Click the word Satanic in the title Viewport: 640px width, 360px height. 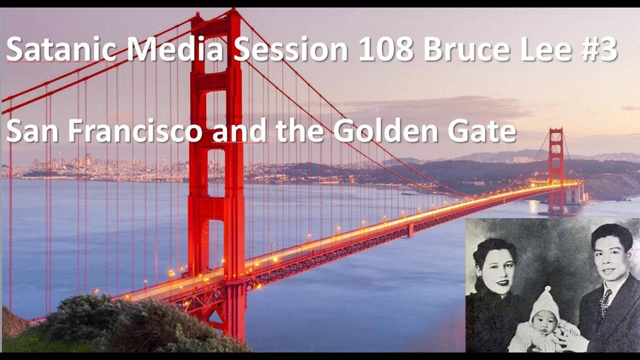pyautogui.click(x=61, y=50)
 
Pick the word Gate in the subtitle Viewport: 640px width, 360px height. pyautogui.click(x=482, y=131)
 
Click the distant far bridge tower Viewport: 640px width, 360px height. pyautogui.click(x=555, y=170)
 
